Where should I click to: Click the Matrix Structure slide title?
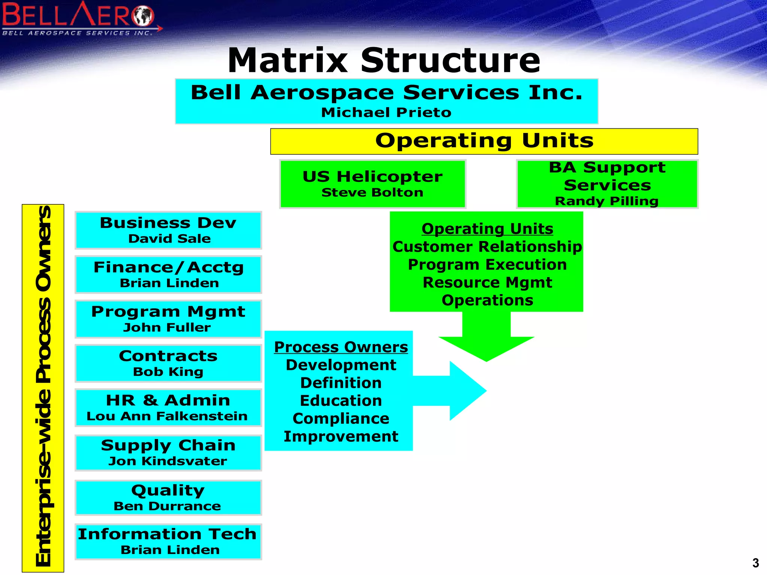point(384,60)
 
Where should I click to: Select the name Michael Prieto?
point(386,112)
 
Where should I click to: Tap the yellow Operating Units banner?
point(484,141)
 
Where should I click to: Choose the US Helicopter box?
point(372,183)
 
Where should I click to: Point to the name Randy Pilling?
point(606,201)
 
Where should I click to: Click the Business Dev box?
point(168,230)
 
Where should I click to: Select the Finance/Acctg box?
point(168,274)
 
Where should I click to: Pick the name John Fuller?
point(167,328)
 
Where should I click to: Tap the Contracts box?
point(168,363)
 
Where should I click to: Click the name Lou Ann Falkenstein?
point(167,416)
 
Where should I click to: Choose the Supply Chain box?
point(168,452)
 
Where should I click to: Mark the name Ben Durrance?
point(167,506)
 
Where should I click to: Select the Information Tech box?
point(168,541)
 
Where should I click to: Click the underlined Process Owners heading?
point(341,347)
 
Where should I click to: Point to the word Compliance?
point(341,419)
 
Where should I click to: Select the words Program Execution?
point(487,265)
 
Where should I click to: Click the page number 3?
point(755,563)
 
